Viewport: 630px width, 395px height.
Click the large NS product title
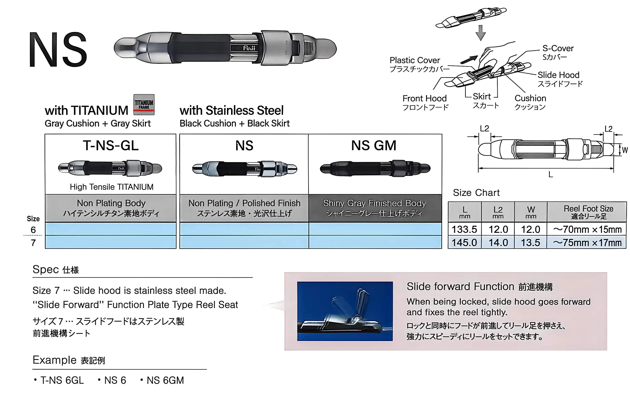tap(58, 50)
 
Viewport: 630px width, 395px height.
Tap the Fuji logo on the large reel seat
tap(249, 48)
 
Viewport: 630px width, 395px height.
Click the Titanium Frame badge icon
tap(144, 105)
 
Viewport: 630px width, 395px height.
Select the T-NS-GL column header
tap(111, 145)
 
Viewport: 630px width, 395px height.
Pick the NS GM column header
tap(374, 145)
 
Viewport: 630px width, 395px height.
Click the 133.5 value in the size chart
tap(464, 229)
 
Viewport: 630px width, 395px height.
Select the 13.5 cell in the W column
tap(530, 242)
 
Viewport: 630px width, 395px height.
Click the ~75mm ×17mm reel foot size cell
tap(587, 243)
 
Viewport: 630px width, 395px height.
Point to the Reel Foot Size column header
tap(588, 212)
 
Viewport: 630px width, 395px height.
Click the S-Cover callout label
tap(558, 52)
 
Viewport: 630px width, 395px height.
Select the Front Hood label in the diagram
tap(425, 102)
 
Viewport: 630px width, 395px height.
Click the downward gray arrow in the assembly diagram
tap(480, 33)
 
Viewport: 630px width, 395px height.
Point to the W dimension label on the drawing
tap(625, 150)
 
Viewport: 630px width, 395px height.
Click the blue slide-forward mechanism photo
tap(345, 311)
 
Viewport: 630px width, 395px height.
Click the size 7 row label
tap(33, 243)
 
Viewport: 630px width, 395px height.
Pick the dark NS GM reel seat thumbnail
tap(375, 168)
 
